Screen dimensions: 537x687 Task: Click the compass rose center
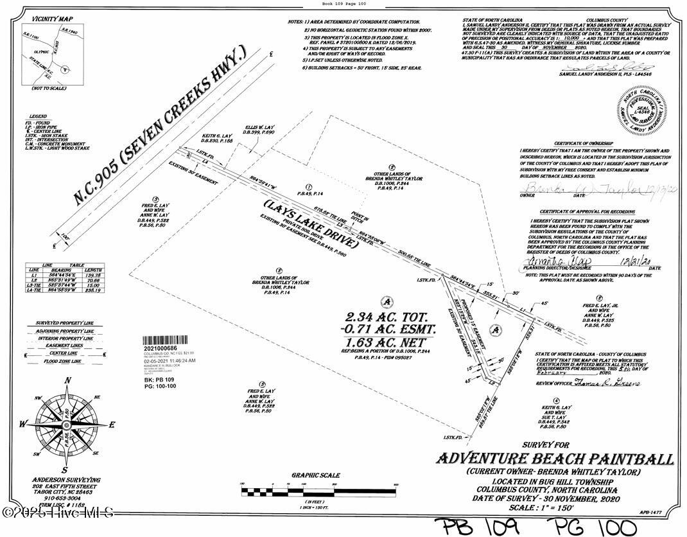point(67,425)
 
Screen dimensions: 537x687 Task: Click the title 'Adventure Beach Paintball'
point(555,459)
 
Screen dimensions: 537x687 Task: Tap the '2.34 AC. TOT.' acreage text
point(390,317)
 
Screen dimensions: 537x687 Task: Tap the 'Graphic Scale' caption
point(315,475)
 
